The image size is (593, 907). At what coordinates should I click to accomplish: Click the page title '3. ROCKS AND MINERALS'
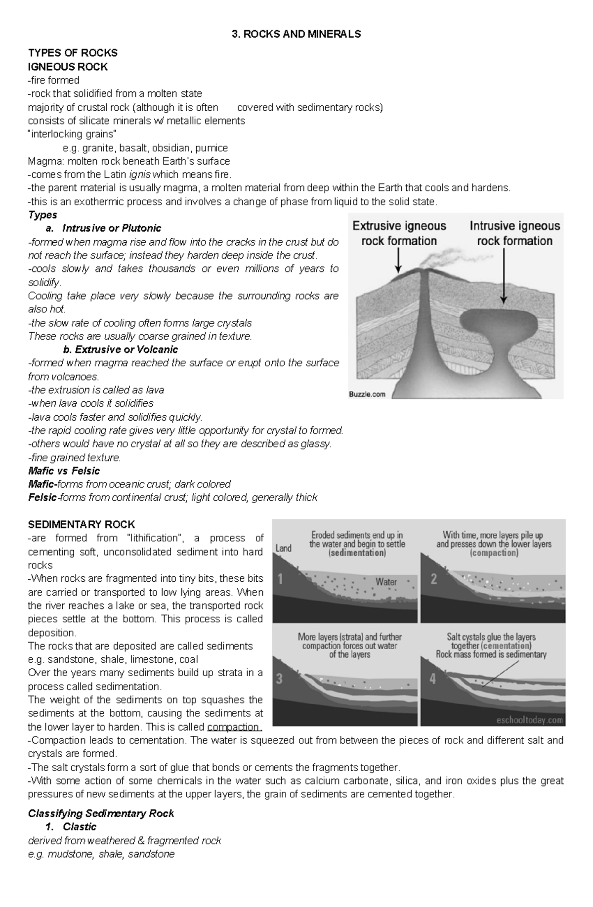pos(296,34)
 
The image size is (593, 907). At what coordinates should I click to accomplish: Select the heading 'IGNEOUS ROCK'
pos(68,67)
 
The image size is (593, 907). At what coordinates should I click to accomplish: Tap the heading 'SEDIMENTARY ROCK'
pos(82,524)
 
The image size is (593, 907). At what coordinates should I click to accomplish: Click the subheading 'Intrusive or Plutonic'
pos(112,228)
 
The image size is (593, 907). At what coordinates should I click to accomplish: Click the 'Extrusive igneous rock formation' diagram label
pos(399,233)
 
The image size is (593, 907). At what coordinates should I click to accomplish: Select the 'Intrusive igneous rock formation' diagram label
pos(514,233)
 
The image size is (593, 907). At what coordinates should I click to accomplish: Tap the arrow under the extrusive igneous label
pos(398,260)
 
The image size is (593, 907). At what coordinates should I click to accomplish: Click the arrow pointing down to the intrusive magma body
pos(504,277)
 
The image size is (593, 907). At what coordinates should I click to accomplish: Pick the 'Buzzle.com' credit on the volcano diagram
pos(368,394)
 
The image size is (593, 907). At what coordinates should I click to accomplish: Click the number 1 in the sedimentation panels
pos(280,579)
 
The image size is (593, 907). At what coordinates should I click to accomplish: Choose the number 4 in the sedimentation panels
pos(433,679)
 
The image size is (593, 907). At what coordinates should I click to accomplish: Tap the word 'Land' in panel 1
pos(284,548)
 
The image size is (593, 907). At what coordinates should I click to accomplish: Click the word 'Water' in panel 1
pos(386,582)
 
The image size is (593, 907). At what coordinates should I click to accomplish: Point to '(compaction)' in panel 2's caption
pos(494,553)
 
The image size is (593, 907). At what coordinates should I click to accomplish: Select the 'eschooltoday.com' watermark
pos(530,720)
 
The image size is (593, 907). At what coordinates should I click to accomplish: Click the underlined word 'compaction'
pos(233,727)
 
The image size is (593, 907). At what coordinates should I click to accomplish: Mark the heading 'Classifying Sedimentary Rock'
pos(101,814)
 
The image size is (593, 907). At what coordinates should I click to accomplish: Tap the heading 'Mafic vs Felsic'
pos(64,471)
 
